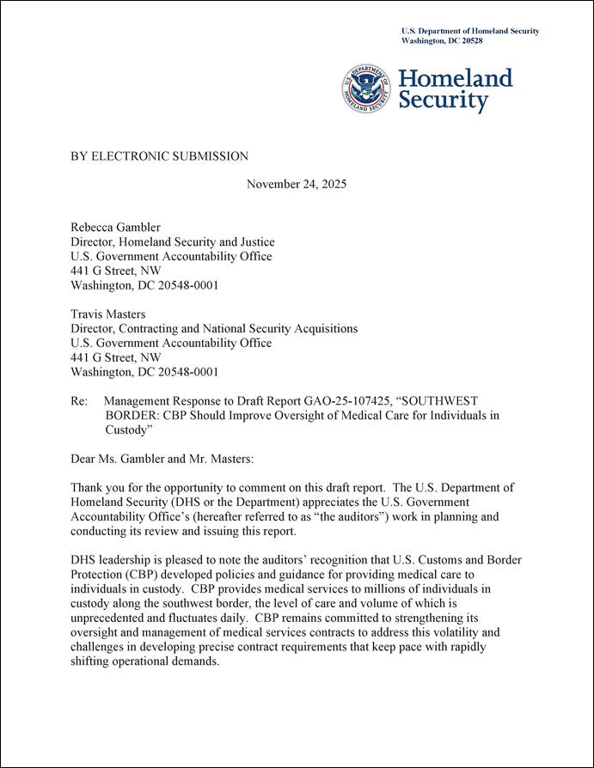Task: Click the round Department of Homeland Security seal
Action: coord(366,89)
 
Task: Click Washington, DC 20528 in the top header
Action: coord(442,40)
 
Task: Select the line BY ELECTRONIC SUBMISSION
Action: coord(159,156)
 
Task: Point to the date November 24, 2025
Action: coord(297,185)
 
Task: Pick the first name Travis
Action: coord(88,314)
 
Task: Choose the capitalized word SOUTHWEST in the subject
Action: coord(435,401)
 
